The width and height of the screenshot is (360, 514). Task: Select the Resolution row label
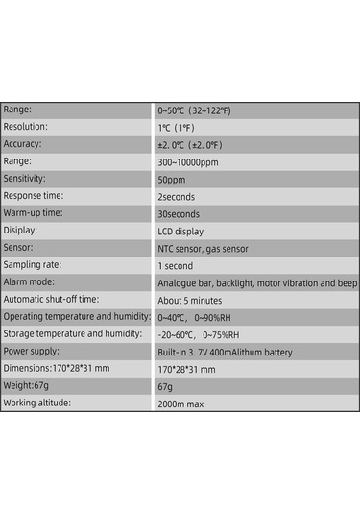26,127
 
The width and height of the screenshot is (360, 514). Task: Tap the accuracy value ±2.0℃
190,144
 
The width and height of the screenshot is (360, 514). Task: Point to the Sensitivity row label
25,179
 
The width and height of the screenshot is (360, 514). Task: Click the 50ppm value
171,179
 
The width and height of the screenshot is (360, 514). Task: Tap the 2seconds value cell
176,196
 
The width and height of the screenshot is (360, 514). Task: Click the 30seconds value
178,213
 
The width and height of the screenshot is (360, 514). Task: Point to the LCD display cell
180,231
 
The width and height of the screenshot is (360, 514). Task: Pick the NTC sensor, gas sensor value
203,248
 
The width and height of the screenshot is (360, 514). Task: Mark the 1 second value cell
175,265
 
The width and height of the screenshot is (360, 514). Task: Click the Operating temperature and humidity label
77,316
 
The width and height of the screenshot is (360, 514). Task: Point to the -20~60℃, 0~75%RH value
203,333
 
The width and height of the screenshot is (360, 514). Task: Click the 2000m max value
180,403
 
